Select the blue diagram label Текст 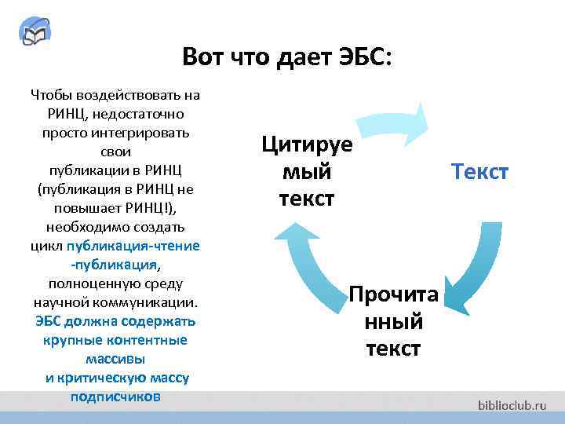click(x=479, y=171)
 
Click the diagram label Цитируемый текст click(x=307, y=171)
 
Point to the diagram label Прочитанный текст click(x=393, y=321)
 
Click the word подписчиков click(x=115, y=397)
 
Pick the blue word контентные click(x=148, y=340)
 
